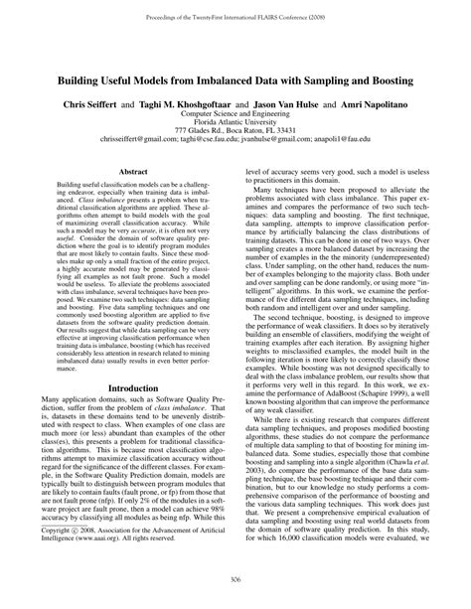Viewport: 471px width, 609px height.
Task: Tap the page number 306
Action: [235, 580]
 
